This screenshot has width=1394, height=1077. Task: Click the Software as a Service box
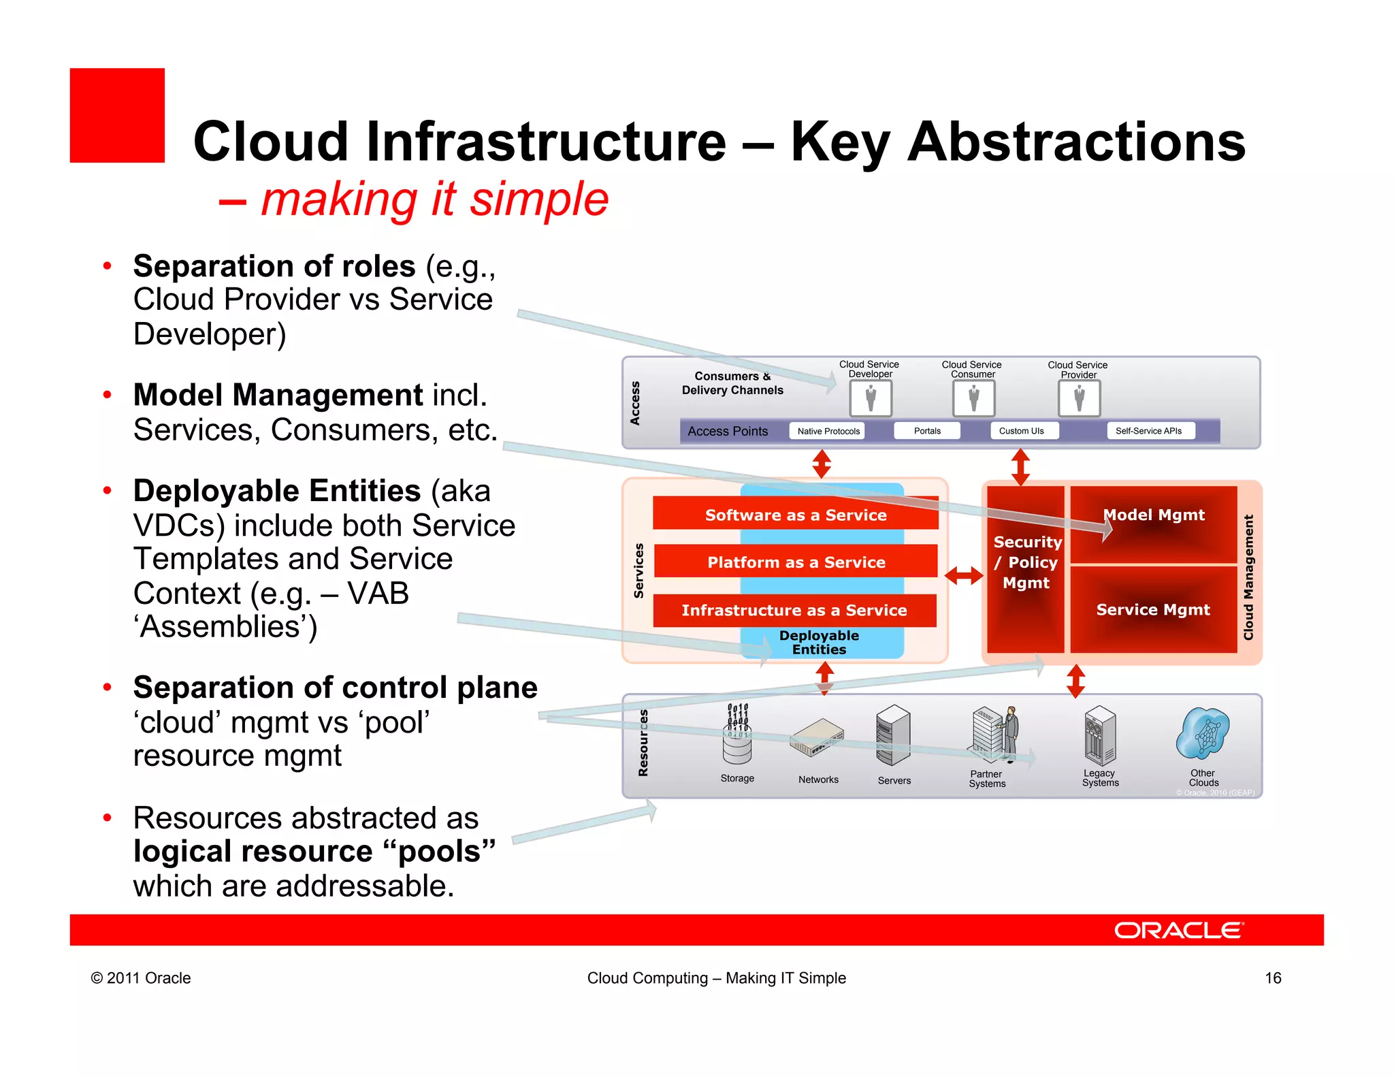795,515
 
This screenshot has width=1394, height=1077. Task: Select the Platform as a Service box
795,562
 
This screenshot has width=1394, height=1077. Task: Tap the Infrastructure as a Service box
794,610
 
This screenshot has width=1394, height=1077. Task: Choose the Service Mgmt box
1153,609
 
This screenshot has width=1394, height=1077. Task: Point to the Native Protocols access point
828,431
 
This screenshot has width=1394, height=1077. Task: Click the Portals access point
927,431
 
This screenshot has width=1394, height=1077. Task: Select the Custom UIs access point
1021,431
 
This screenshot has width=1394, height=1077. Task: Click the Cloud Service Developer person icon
871,398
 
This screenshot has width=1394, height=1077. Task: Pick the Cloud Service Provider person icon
1079,398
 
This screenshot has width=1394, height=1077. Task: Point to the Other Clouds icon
1203,733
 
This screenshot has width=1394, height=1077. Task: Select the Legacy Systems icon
1099,736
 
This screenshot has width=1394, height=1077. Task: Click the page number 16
1273,978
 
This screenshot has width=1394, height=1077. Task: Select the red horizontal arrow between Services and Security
964,576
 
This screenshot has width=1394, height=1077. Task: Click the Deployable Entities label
819,642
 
